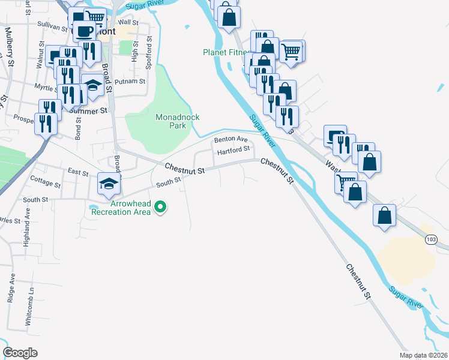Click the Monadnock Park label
[x=177, y=122]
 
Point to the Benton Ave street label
[x=231, y=139]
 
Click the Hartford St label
[x=233, y=151]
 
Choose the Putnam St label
[x=130, y=81]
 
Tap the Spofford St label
[x=149, y=47]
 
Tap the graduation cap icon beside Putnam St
[x=93, y=87]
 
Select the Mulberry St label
[x=8, y=44]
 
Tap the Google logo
[x=20, y=352]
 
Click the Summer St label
[x=88, y=111]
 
